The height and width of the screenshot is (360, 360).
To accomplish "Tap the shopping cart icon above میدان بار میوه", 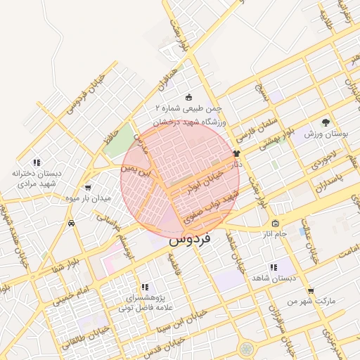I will [x=87, y=188].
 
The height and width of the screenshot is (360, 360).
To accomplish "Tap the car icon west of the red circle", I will [x=72, y=223].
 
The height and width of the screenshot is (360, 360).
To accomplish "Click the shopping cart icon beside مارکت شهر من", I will [x=310, y=291].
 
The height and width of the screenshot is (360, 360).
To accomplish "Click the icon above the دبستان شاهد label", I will [x=274, y=268].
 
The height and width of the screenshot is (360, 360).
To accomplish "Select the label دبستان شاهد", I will [x=274, y=278].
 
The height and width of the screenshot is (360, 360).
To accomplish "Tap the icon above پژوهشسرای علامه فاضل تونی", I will [x=145, y=287].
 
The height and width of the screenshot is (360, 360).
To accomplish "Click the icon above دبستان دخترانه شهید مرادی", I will [x=37, y=162].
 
